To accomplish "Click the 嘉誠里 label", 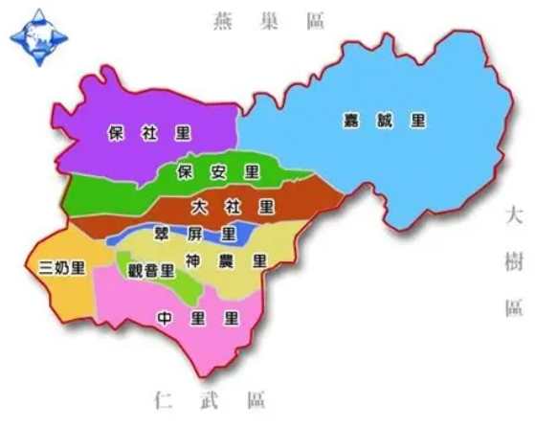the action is coord(385,122).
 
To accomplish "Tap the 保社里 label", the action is coord(149,134).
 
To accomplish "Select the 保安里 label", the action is coord(218,173).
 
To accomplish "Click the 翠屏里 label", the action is coord(194,233).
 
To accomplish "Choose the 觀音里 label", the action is coord(151,270).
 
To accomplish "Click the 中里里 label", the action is coord(197,317).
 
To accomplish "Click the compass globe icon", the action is coord(38,38).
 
